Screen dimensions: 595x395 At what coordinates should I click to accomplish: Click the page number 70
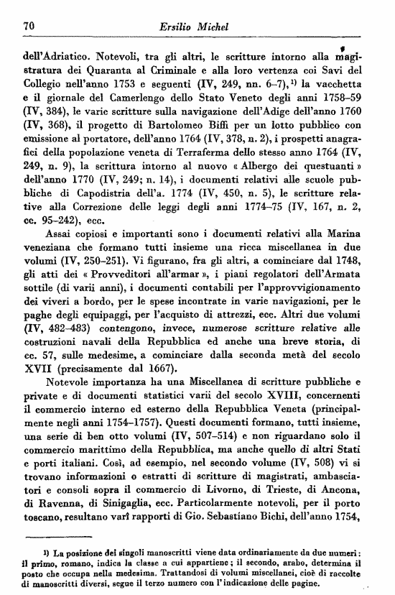click(x=29, y=26)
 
